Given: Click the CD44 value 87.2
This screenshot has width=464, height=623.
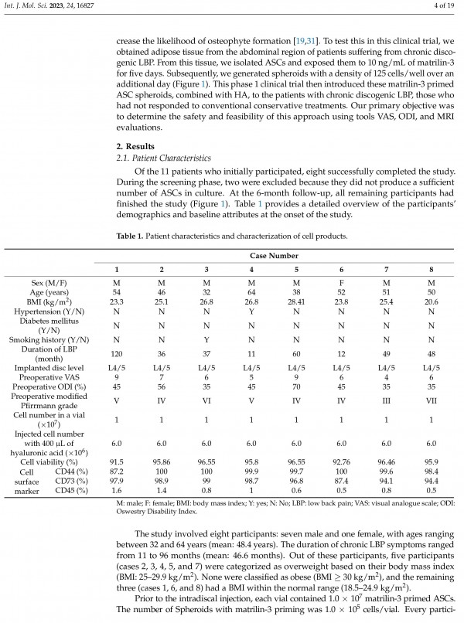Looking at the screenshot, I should (x=116, y=472).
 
